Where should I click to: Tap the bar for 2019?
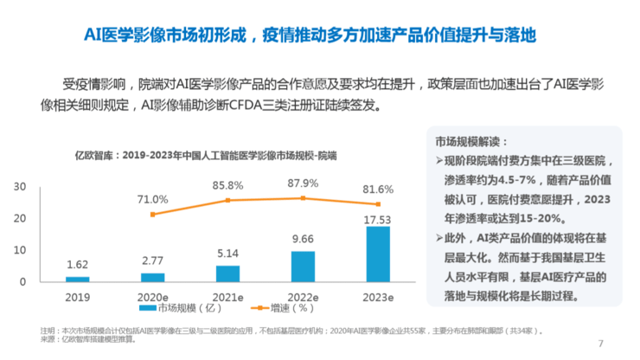[77, 279]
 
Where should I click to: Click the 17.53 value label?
[378, 220]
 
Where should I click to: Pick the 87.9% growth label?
[303, 183]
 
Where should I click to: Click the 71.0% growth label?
[152, 199]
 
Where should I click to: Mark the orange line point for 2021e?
[227, 200]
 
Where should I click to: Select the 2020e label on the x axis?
[152, 295]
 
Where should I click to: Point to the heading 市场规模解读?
[471, 143]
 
